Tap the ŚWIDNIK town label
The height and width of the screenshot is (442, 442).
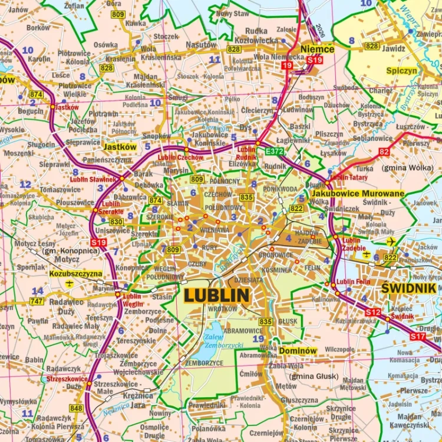(408, 288)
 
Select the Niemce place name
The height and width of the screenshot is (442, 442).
(316, 50)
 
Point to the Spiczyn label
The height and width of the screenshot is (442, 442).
(401, 71)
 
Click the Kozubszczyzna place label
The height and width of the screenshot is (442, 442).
(75, 274)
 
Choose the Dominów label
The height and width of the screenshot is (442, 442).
(298, 351)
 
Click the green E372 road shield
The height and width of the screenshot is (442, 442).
(275, 151)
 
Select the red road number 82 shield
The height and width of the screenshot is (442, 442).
(385, 151)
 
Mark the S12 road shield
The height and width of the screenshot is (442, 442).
(372, 312)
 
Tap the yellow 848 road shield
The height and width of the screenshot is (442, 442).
(76, 408)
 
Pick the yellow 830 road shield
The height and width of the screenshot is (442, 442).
(116, 222)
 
